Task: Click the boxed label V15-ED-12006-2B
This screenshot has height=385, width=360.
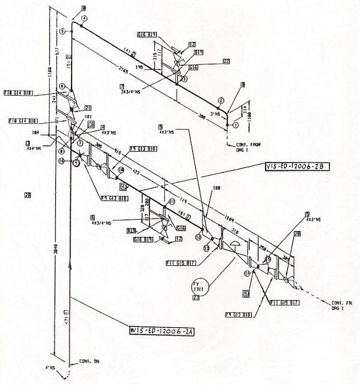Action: [297, 166]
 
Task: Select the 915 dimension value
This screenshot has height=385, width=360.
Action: [119, 153]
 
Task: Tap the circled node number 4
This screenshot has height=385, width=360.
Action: [84, 19]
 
